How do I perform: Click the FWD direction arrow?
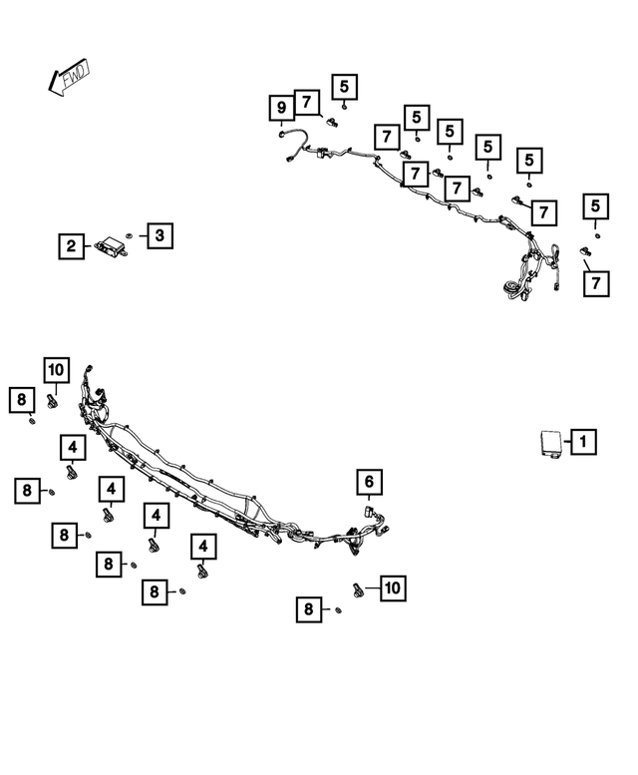[x=69, y=77]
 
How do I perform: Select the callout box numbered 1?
[x=583, y=442]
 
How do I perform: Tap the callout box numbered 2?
[x=71, y=246]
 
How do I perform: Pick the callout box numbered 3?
[x=159, y=235]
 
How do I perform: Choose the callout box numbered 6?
[x=370, y=482]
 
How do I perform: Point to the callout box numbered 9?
[x=281, y=108]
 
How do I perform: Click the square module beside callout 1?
[x=550, y=443]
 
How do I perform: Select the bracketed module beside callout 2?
[x=111, y=246]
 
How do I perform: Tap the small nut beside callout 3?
[x=129, y=235]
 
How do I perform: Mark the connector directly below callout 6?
[x=368, y=511]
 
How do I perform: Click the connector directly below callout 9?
[x=282, y=134]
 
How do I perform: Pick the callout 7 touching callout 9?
[x=307, y=103]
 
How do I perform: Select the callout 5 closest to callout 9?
[x=344, y=87]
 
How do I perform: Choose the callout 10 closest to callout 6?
[x=393, y=588]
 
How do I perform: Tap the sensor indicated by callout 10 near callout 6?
[x=358, y=590]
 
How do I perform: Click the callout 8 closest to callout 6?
[x=309, y=609]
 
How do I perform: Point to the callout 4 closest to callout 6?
[x=203, y=547]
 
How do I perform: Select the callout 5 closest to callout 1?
[x=595, y=206]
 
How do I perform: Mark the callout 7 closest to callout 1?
[x=596, y=283]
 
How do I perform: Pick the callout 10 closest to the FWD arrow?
[x=56, y=370]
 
